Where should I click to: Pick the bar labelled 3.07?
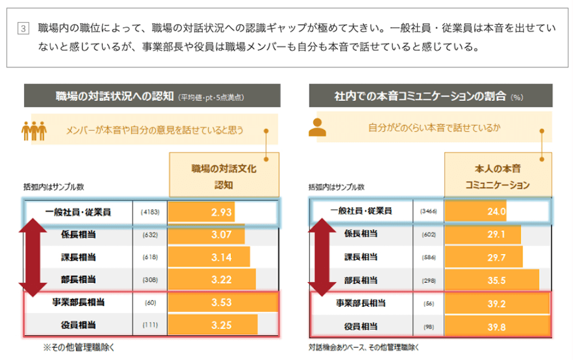[x=206, y=234]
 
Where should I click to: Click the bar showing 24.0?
[x=475, y=212]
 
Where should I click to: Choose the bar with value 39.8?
[x=497, y=326]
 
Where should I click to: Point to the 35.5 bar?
[x=492, y=280]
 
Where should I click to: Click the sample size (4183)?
[x=150, y=212]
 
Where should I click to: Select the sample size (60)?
[x=150, y=302]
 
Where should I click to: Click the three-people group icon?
[x=34, y=130]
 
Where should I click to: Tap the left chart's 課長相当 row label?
[x=79, y=257]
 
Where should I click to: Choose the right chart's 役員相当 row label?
[x=361, y=326]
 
